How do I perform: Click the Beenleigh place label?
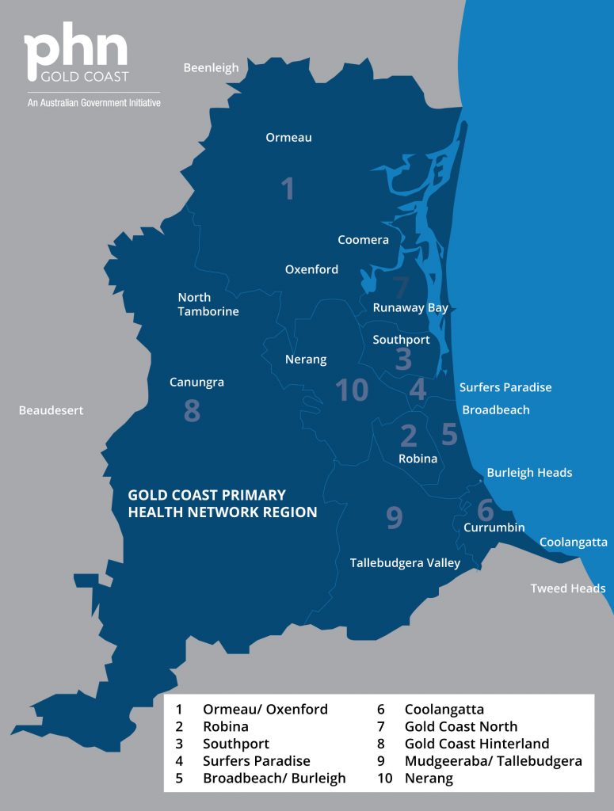click(x=211, y=67)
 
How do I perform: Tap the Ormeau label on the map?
click(x=288, y=137)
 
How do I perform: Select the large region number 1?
click(x=288, y=188)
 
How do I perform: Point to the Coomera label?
click(x=363, y=239)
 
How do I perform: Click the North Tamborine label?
click(x=208, y=304)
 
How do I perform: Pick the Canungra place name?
click(x=196, y=382)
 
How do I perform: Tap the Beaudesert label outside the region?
click(x=51, y=410)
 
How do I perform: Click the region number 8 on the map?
click(x=192, y=411)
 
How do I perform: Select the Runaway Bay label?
click(x=410, y=307)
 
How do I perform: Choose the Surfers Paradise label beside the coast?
click(x=505, y=387)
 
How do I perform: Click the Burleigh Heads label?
click(x=529, y=472)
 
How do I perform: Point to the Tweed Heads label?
click(x=568, y=588)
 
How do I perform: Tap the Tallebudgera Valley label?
click(x=405, y=563)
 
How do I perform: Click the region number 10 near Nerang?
click(x=352, y=390)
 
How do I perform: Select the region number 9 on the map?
click(x=394, y=517)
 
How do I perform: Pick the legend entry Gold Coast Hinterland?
click(x=476, y=744)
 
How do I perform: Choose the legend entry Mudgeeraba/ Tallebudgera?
click(x=493, y=761)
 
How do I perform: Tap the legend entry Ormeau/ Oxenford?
click(x=265, y=709)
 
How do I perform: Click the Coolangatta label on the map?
click(x=573, y=542)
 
